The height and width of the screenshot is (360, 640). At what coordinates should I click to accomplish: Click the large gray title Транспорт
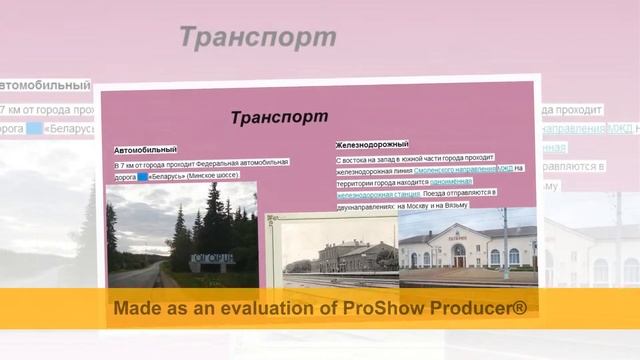pos(257,38)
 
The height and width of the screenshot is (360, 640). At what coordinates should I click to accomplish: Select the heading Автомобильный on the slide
pos(145,150)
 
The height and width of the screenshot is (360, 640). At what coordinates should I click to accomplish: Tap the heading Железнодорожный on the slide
pos(372,144)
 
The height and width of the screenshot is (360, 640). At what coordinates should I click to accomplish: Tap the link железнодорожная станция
pos(377,192)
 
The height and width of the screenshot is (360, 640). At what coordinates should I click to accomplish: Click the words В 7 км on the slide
pos(126,164)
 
